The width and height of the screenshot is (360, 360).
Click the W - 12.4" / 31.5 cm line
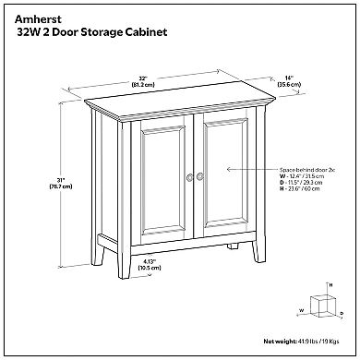click(x=306, y=178)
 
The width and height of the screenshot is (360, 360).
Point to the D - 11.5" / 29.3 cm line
click(x=306, y=186)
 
